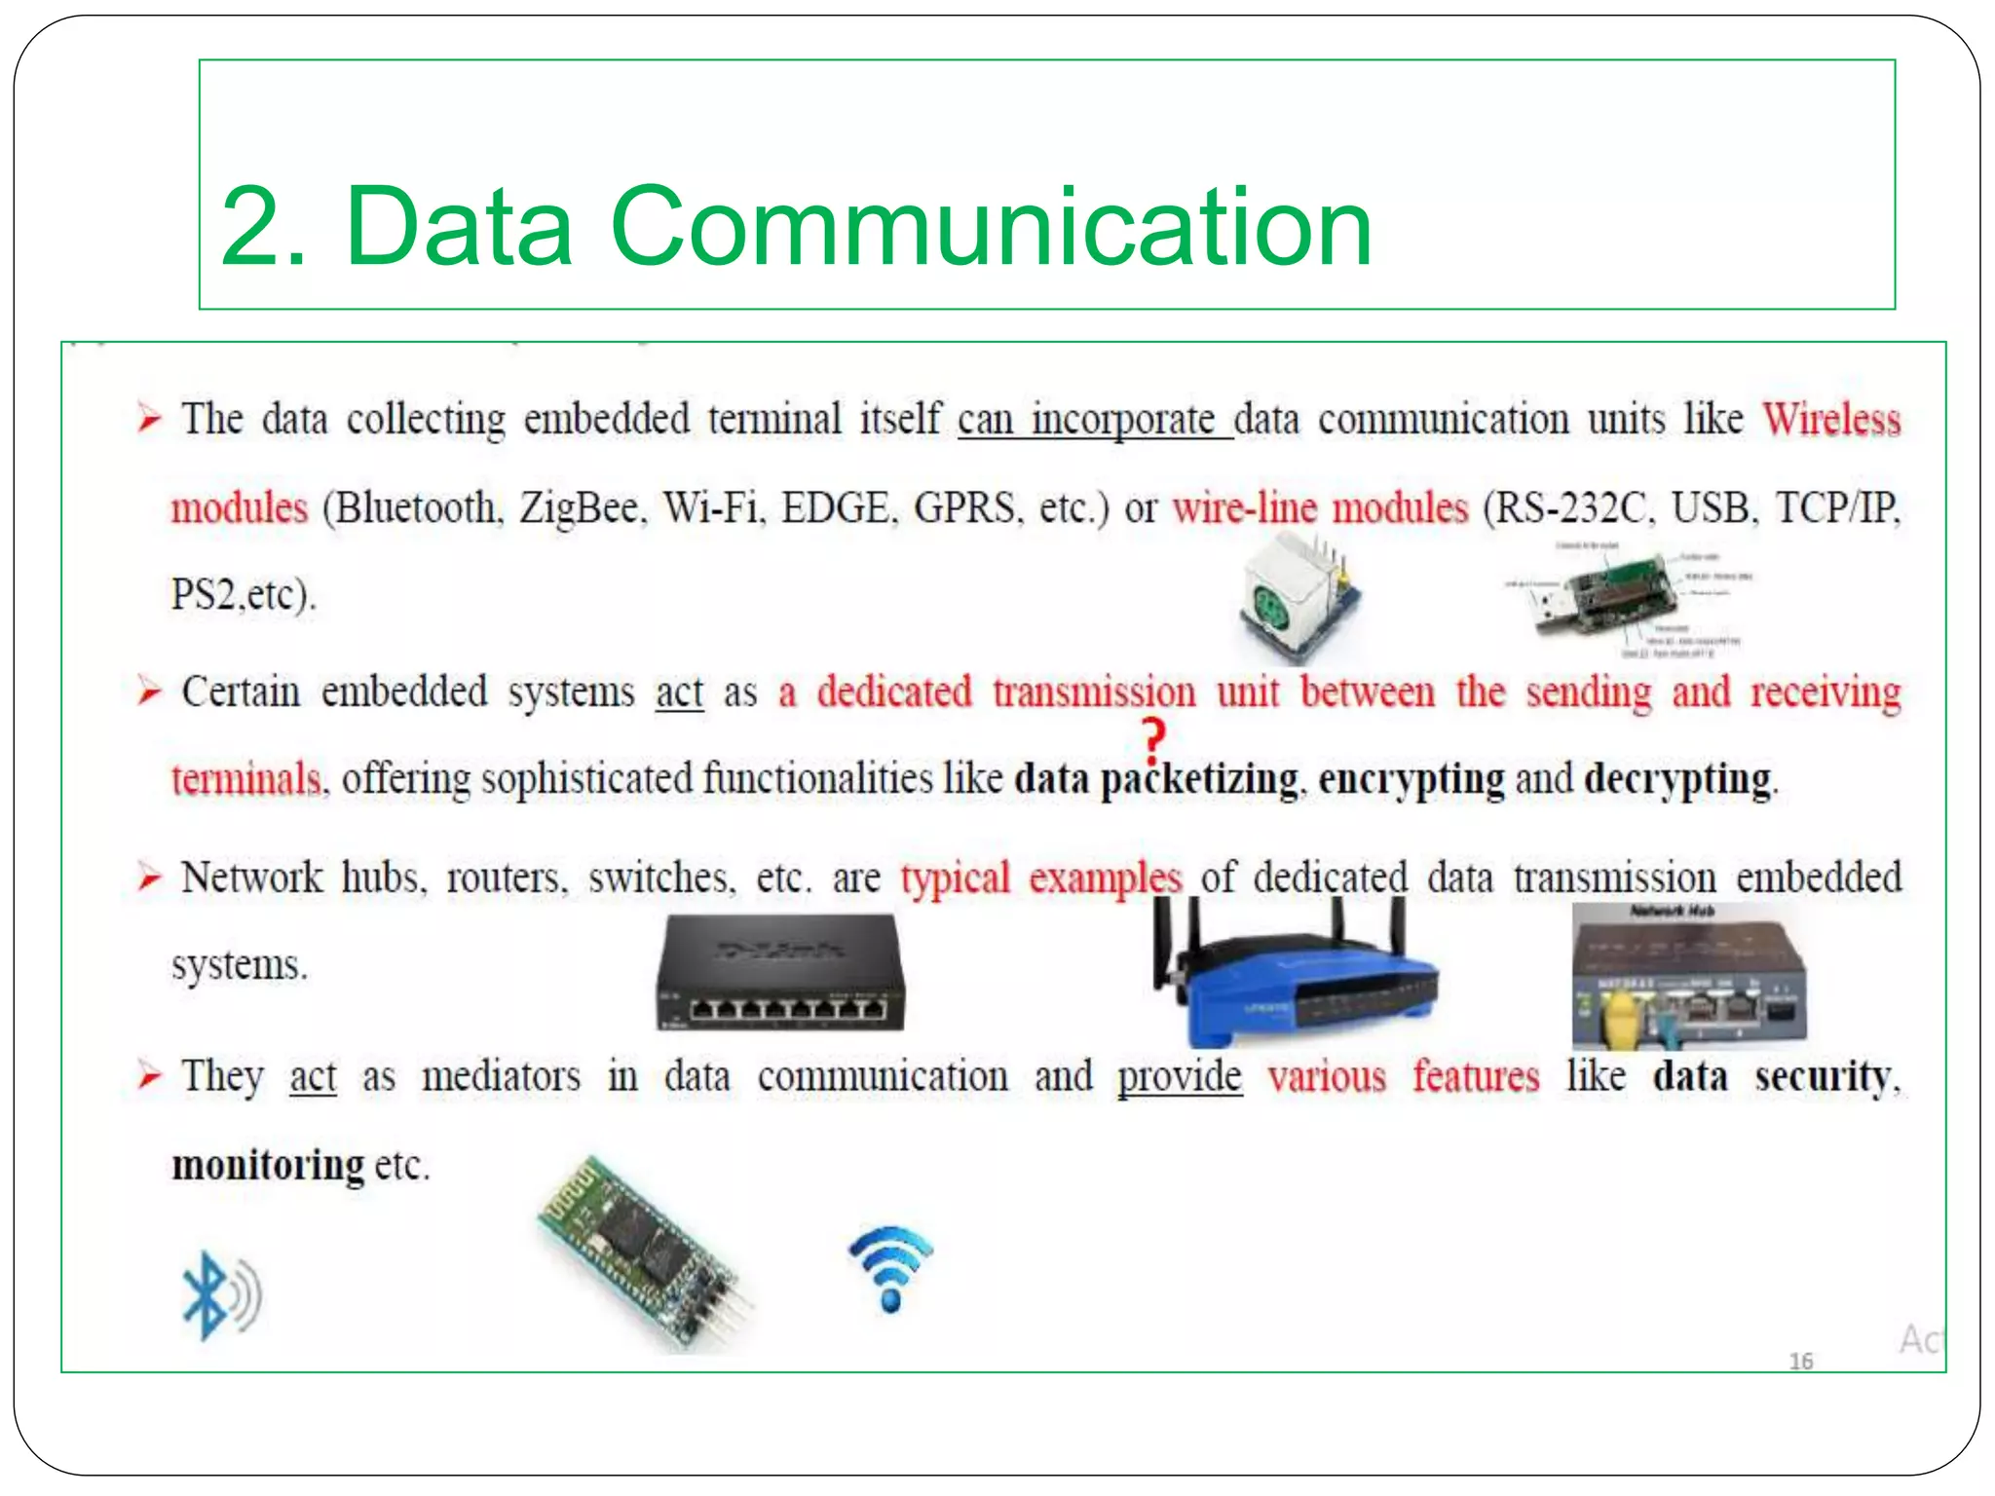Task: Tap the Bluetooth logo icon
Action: (219, 1294)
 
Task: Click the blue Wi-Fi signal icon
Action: (890, 1267)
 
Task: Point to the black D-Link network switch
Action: (779, 973)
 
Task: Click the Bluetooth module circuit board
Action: (644, 1252)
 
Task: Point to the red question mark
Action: (1153, 741)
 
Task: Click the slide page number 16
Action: (1800, 1361)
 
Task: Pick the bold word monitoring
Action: (268, 1165)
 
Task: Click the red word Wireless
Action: (1831, 420)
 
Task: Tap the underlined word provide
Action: (1180, 1077)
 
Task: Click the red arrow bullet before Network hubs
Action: (149, 879)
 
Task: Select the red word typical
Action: (955, 879)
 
